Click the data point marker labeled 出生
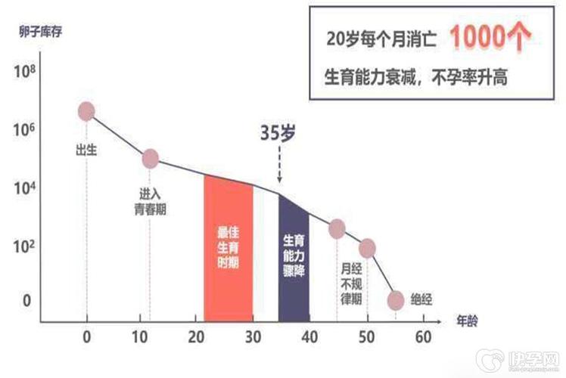(x=86, y=111)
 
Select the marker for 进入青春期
(x=150, y=159)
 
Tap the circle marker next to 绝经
(x=395, y=300)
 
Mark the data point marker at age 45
(x=337, y=228)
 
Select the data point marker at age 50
(x=368, y=248)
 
